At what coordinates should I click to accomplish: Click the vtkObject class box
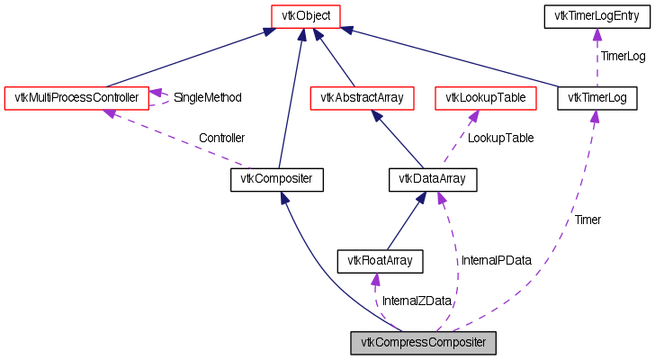(x=303, y=16)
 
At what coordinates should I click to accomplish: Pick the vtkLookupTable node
(x=486, y=96)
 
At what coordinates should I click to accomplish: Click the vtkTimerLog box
(x=598, y=96)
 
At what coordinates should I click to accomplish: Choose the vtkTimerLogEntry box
(x=597, y=16)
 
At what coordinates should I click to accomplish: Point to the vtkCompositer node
(x=277, y=178)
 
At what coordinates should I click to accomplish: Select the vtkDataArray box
(x=432, y=178)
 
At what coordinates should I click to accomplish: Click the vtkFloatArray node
(x=380, y=261)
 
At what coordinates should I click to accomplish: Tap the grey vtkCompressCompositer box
(x=423, y=343)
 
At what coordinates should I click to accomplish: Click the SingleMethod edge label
(x=208, y=96)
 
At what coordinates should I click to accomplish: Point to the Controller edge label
(x=221, y=138)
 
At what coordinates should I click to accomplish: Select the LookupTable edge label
(x=500, y=138)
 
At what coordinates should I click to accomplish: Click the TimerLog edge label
(x=624, y=56)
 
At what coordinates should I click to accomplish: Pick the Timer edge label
(x=588, y=220)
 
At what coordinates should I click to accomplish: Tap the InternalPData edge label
(x=496, y=261)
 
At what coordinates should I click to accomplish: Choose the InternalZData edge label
(x=417, y=301)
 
